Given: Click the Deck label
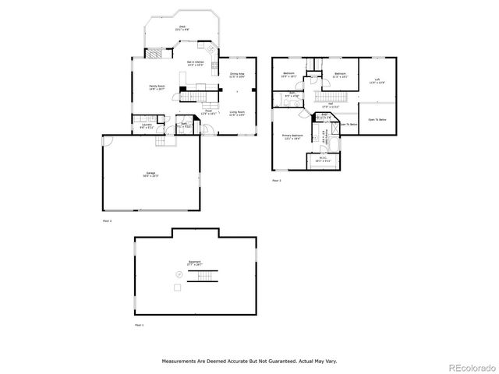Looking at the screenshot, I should [182, 27].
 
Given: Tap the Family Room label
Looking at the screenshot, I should [158, 88].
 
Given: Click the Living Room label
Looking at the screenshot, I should [237, 114].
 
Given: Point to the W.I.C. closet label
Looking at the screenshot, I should [324, 161].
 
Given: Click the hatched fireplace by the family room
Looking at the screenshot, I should [159, 54].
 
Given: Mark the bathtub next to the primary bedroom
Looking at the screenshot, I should [335, 145].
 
